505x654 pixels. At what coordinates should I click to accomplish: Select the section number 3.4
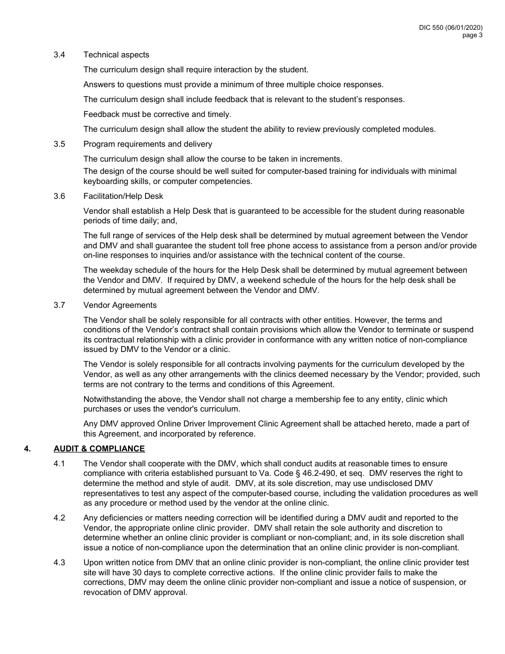tap(60, 55)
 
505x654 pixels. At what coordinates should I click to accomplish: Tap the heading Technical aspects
tap(116, 55)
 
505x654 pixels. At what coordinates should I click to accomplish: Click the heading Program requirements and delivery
tap(148, 144)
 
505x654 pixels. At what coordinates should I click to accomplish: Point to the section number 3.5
tap(60, 144)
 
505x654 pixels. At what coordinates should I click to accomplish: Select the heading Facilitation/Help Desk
tap(123, 196)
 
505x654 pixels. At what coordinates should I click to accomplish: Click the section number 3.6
tap(60, 196)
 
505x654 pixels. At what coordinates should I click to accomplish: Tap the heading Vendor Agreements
tap(120, 305)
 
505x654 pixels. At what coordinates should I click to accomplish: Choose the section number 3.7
tap(60, 305)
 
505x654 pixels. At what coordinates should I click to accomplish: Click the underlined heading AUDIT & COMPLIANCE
tap(99, 449)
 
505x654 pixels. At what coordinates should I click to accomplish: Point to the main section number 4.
tap(27, 449)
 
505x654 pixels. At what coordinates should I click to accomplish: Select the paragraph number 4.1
tap(60, 464)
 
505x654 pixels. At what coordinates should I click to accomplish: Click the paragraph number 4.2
tap(60, 518)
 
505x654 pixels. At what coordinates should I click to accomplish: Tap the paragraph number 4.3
tap(60, 563)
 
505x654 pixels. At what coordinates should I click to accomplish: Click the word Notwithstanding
tap(111, 399)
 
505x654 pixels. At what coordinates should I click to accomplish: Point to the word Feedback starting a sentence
tap(100, 114)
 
